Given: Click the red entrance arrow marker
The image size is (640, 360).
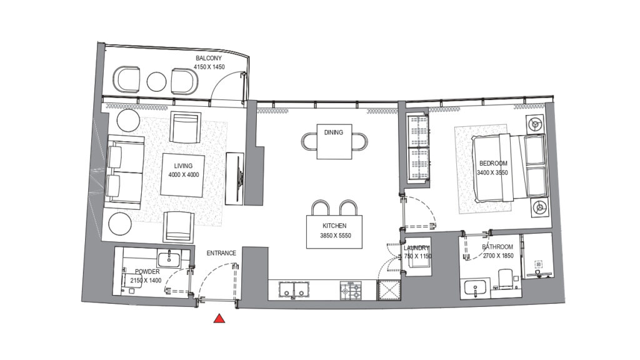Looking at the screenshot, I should pyautogui.click(x=219, y=319).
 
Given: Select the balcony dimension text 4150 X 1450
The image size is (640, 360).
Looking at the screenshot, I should pyautogui.click(x=209, y=66).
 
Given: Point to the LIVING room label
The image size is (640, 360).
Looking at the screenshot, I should pyautogui.click(x=184, y=166).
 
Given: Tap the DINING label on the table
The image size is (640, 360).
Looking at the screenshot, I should pyautogui.click(x=333, y=132).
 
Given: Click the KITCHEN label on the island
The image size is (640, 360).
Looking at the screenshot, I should pyautogui.click(x=334, y=226).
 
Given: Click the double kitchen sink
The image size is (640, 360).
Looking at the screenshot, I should pyautogui.click(x=294, y=290).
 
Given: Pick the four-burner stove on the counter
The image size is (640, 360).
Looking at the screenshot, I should pyautogui.click(x=351, y=291).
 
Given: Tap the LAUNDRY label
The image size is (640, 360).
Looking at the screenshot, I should pyautogui.click(x=417, y=248).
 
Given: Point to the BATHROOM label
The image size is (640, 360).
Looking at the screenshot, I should pyautogui.click(x=497, y=247).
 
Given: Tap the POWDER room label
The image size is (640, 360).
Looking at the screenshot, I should pyautogui.click(x=146, y=272).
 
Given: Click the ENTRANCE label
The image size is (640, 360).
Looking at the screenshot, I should pyautogui.click(x=221, y=253).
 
